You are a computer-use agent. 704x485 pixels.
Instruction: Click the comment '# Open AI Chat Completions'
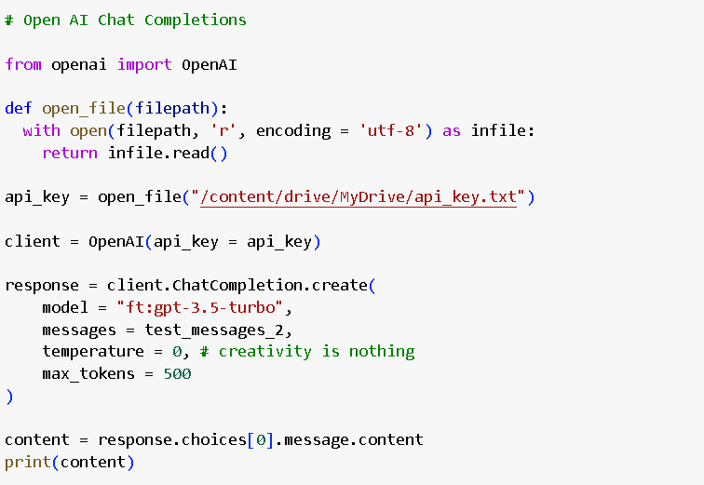point(126,20)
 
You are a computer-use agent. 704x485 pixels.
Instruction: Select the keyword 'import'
point(144,64)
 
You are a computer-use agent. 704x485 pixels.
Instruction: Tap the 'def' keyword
point(19,108)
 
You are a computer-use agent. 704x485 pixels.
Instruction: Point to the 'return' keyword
point(70,153)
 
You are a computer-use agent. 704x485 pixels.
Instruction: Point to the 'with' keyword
point(42,130)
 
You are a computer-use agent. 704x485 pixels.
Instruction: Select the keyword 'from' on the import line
point(23,64)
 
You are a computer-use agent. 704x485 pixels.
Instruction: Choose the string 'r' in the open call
point(223,130)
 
